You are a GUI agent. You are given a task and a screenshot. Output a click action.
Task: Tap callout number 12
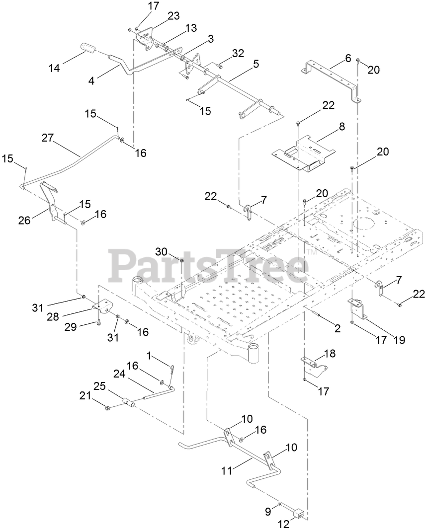click(x=284, y=524)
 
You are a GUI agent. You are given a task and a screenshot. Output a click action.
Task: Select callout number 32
click(x=238, y=53)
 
